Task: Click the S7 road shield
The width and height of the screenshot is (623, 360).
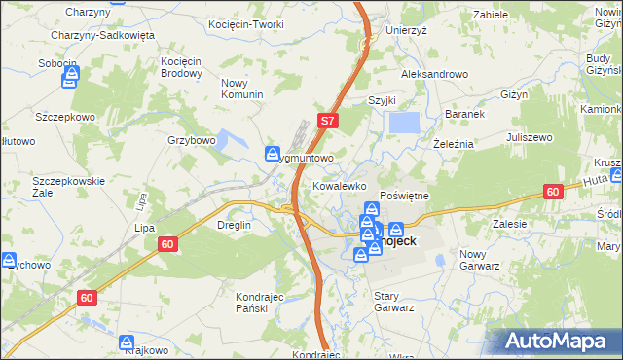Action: click(328, 122)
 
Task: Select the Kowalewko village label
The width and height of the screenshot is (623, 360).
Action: click(338, 184)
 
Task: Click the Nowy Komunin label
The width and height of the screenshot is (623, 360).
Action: click(242, 89)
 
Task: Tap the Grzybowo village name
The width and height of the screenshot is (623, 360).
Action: click(191, 140)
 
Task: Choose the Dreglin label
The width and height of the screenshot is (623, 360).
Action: click(233, 225)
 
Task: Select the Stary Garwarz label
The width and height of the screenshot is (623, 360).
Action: click(394, 301)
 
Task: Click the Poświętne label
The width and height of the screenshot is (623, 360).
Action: click(404, 196)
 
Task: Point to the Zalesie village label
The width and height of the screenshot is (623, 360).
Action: click(509, 224)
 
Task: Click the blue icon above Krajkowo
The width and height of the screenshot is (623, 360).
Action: click(127, 342)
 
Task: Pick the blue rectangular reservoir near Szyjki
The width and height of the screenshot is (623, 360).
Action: click(404, 124)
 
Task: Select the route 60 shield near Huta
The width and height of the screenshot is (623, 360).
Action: click(552, 192)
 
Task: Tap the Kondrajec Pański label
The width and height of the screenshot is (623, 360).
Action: click(259, 302)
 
